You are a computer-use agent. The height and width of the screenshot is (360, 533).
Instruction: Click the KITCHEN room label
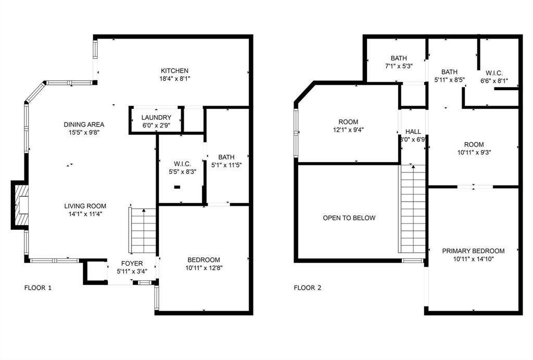pyautogui.click(x=174, y=71)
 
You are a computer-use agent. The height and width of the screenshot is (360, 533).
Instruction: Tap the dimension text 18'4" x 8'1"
pyautogui.click(x=174, y=79)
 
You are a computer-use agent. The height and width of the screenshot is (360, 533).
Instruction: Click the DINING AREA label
pyautogui.click(x=84, y=125)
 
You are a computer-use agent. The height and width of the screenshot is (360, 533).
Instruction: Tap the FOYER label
pyautogui.click(x=132, y=263)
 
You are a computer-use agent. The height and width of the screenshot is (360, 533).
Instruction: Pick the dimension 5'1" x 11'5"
pyautogui.click(x=227, y=165)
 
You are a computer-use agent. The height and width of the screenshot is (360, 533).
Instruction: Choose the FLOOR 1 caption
pyautogui.click(x=38, y=288)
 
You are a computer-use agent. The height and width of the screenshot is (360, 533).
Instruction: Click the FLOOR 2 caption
pyautogui.click(x=308, y=288)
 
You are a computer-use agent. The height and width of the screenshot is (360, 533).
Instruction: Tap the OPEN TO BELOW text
pyautogui.click(x=349, y=218)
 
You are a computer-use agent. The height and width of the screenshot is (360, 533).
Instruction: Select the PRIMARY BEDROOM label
pyautogui.click(x=473, y=251)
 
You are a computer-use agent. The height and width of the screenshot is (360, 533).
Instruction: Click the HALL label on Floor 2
pyautogui.click(x=413, y=132)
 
